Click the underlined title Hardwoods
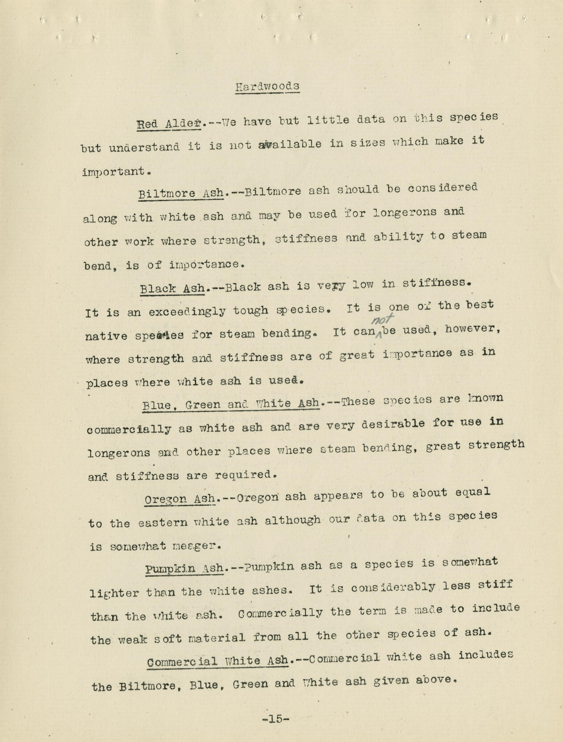(267, 87)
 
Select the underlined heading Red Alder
(169, 124)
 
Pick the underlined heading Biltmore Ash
(181, 193)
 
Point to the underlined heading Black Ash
(172, 288)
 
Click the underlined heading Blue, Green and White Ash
(231, 404)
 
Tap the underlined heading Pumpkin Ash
(184, 569)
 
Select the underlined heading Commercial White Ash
(218, 662)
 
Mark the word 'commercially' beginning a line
(128, 429)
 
